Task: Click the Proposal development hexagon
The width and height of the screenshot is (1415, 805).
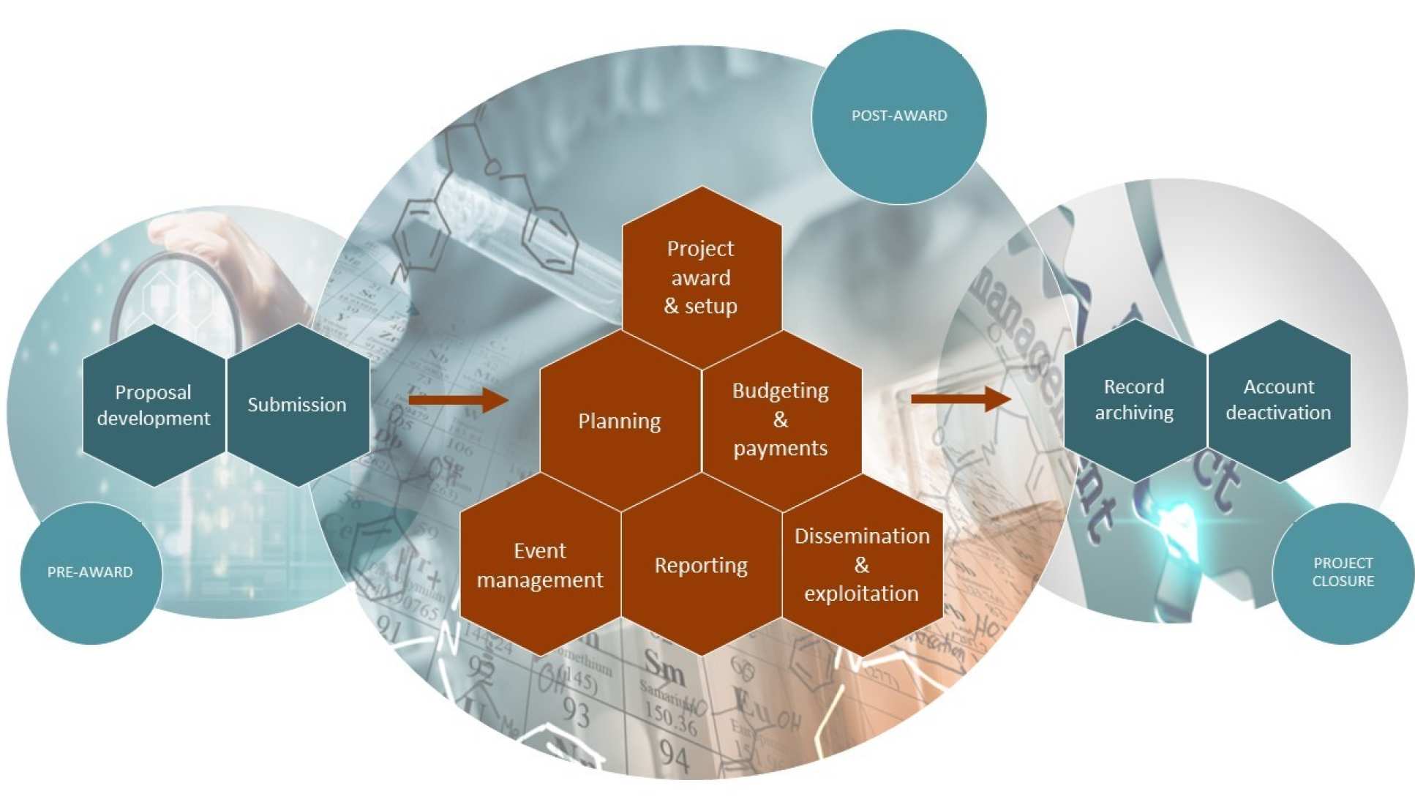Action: pyautogui.click(x=154, y=405)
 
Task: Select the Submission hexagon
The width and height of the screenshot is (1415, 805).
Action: pyautogui.click(x=297, y=405)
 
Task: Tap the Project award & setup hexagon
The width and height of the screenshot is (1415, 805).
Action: pyautogui.click(x=701, y=277)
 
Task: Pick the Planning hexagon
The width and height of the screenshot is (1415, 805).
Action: pyautogui.click(x=620, y=421)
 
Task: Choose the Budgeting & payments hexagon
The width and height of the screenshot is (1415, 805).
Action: pyautogui.click(x=781, y=419)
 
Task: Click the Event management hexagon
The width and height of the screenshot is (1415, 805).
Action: pyautogui.click(x=540, y=565)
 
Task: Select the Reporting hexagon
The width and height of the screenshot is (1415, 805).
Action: pyautogui.click(x=701, y=565)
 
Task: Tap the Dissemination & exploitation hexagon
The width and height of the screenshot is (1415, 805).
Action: pyautogui.click(x=862, y=565)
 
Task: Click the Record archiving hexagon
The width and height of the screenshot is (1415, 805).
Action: pyautogui.click(x=1134, y=400)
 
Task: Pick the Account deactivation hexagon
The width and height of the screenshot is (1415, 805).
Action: pyautogui.click(x=1278, y=400)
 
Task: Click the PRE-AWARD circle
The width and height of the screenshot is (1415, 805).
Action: pyautogui.click(x=90, y=572)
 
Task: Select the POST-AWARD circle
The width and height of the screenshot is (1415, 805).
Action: pyautogui.click(x=899, y=116)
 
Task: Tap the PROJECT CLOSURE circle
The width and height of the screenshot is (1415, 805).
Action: pyautogui.click(x=1343, y=572)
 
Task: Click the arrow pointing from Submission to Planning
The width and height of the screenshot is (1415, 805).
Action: pyautogui.click(x=458, y=400)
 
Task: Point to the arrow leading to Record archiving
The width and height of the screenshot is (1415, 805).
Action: pyautogui.click(x=961, y=399)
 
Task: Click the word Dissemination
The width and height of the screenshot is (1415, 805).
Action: pyautogui.click(x=862, y=536)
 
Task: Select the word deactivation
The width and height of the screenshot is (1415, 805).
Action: pyautogui.click(x=1278, y=413)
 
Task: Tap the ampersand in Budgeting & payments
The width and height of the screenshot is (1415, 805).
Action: pyautogui.click(x=781, y=419)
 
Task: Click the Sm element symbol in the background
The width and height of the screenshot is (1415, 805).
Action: pyautogui.click(x=664, y=665)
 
